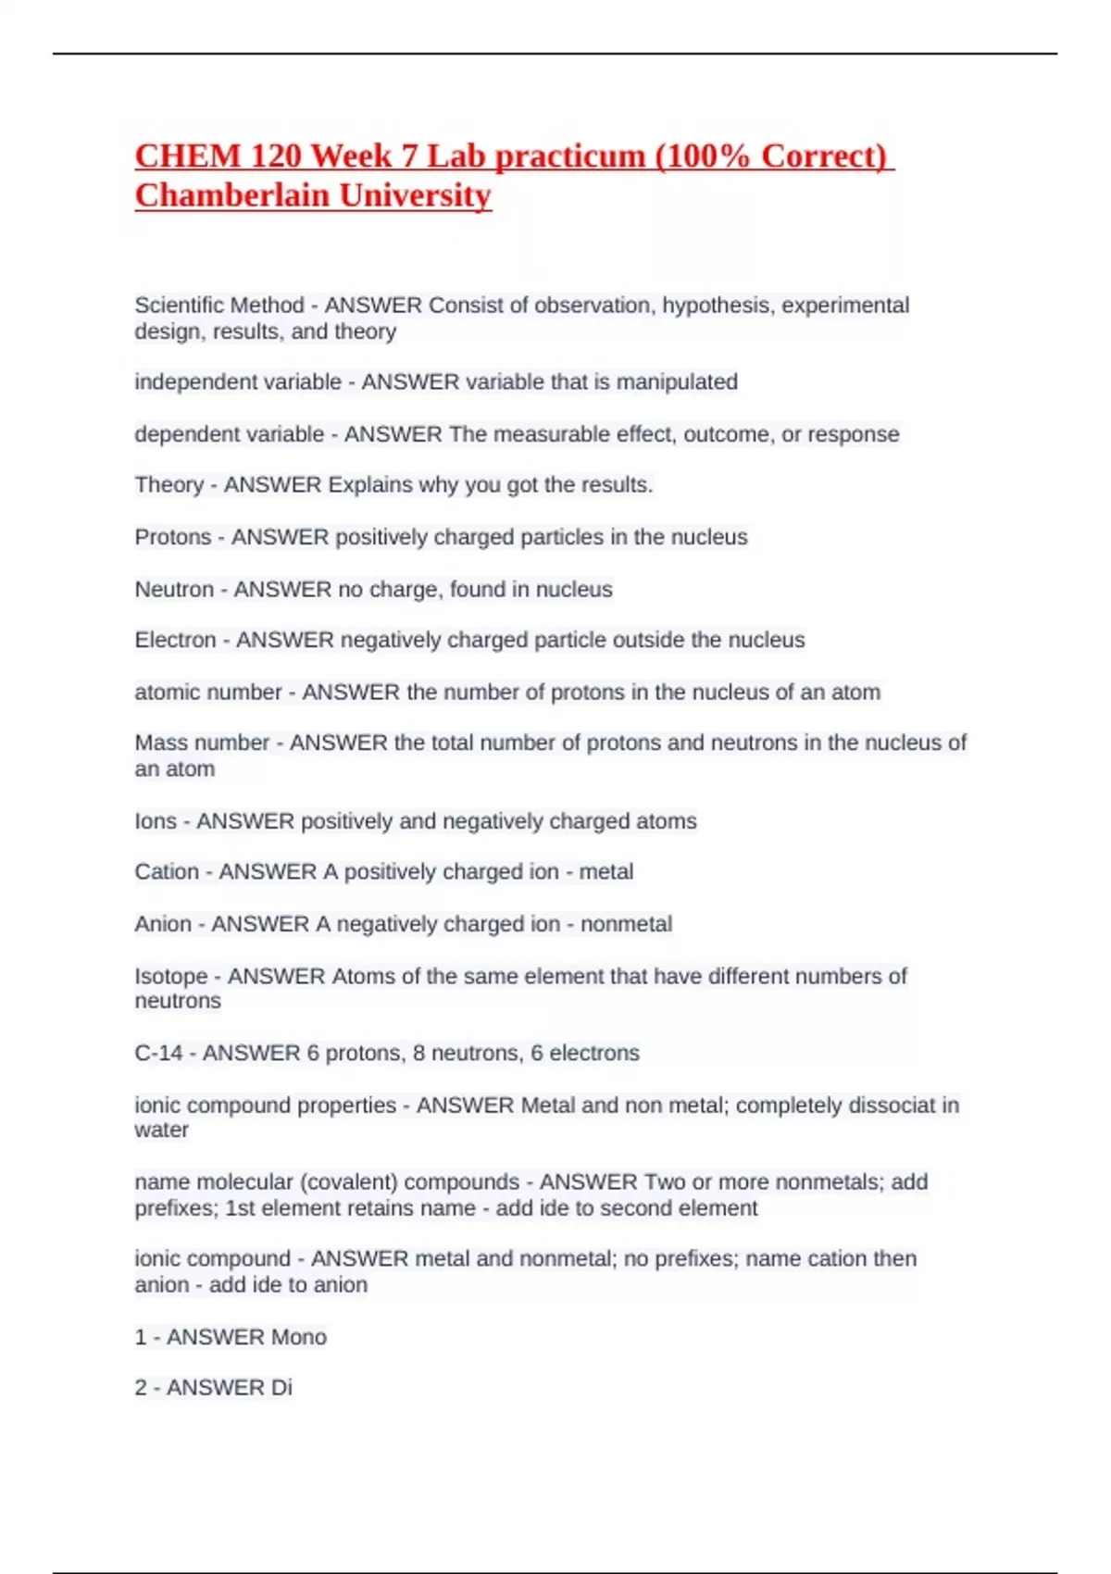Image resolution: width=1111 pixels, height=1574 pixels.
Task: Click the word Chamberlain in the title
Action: pyautogui.click(x=231, y=195)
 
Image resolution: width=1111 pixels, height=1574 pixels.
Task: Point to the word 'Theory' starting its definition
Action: pyautogui.click(x=169, y=485)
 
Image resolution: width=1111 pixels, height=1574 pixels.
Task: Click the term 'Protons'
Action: pyautogui.click(x=173, y=537)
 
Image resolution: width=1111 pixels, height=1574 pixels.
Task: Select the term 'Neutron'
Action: pyautogui.click(x=174, y=590)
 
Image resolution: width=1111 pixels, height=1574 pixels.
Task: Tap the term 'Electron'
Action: pyautogui.click(x=175, y=640)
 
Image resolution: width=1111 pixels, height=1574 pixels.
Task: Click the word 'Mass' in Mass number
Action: pyautogui.click(x=160, y=743)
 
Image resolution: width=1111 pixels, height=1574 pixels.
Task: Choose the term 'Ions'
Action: pyautogui.click(x=156, y=821)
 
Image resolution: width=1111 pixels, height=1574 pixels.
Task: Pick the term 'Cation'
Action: pyautogui.click(x=167, y=872)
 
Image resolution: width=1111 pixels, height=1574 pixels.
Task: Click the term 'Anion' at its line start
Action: pyautogui.click(x=163, y=924)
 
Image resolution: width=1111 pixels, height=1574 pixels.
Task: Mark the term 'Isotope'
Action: pyautogui.click(x=171, y=976)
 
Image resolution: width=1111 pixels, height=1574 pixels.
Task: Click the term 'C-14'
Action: pyautogui.click(x=158, y=1054)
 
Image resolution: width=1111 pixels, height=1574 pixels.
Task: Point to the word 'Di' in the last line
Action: pyautogui.click(x=281, y=1388)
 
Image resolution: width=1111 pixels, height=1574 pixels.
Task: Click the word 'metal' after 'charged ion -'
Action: pyautogui.click(x=605, y=872)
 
